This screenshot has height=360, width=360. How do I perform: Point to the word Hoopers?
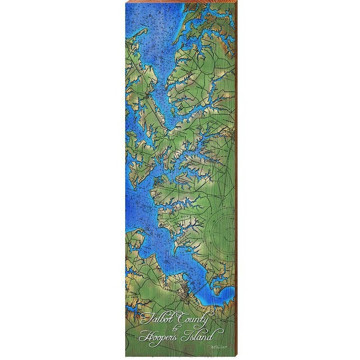tap(159, 337)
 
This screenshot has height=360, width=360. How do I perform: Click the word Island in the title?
tap(197, 336)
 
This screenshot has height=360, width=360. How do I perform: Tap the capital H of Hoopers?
tap(144, 336)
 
